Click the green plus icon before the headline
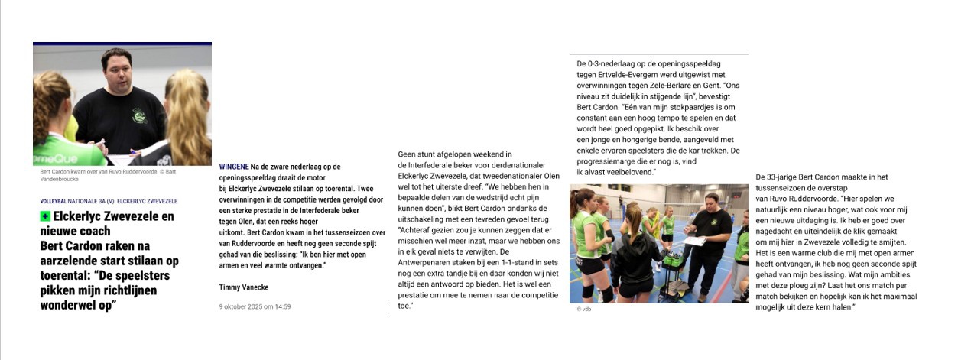click(45, 217)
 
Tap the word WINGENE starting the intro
click(233, 167)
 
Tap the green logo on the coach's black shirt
click(138, 115)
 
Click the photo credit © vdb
click(583, 310)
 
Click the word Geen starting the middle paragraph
click(407, 154)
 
